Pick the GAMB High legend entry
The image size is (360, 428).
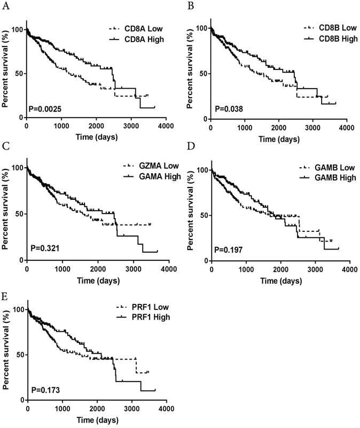click(x=326, y=177)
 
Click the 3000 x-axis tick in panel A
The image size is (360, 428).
click(x=131, y=126)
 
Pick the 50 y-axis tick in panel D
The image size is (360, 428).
click(x=202, y=215)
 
